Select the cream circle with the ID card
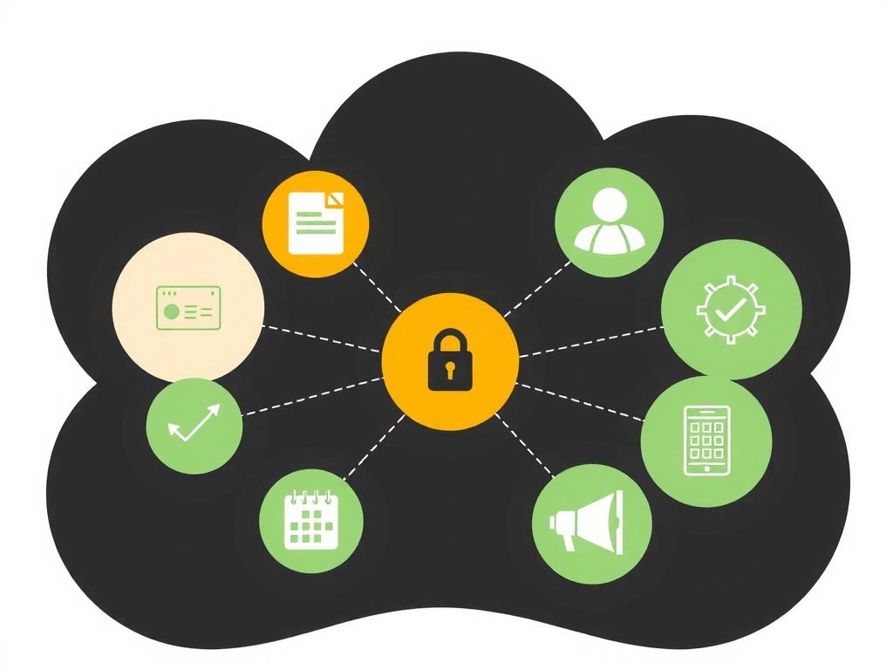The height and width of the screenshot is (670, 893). [x=188, y=306]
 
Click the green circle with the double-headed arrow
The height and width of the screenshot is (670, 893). [x=194, y=427]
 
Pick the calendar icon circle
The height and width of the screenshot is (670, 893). [x=311, y=521]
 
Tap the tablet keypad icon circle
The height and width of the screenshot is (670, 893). [x=706, y=441]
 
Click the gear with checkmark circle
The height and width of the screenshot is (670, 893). [x=731, y=309]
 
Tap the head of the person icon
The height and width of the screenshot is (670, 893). [x=609, y=206]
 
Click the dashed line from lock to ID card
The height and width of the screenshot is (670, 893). [x=323, y=338]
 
